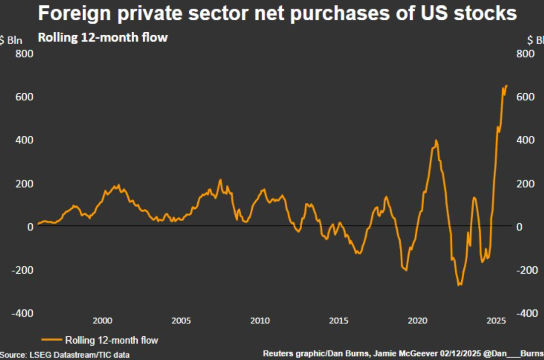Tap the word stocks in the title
click(486, 13)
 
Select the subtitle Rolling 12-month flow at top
click(103, 37)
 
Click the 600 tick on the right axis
click(525, 97)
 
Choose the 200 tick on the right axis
click(525, 183)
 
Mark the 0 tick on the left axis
click(30, 227)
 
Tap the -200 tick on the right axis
click(525, 270)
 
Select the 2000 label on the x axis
click(102, 321)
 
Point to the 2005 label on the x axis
click(181, 321)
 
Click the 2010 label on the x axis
click(260, 321)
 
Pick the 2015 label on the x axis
click(338, 321)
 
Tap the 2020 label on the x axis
click(417, 321)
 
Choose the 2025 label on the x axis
click(496, 321)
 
